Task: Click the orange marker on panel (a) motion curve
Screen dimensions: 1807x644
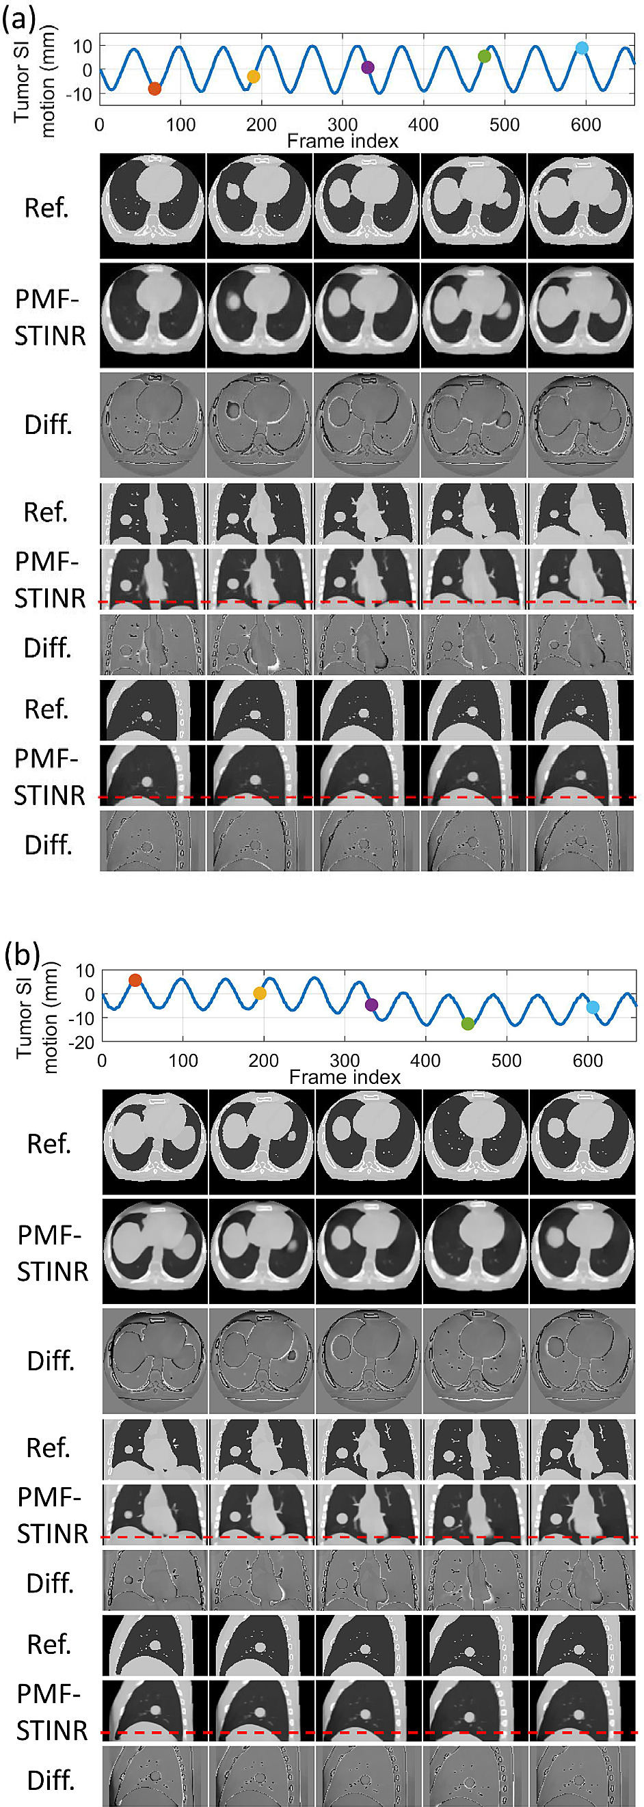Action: (155, 88)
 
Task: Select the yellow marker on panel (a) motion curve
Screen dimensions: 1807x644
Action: (253, 77)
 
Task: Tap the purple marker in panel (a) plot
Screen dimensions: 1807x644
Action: (368, 68)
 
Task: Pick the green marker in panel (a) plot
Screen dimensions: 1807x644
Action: (484, 56)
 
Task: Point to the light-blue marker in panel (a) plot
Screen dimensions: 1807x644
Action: (582, 48)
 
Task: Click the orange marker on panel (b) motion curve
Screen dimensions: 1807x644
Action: (135, 980)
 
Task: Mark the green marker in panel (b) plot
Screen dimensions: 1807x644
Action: (468, 1024)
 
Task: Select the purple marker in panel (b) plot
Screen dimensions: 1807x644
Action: (372, 1005)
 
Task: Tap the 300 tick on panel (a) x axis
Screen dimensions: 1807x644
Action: (343, 126)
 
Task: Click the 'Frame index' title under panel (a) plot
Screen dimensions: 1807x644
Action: (343, 141)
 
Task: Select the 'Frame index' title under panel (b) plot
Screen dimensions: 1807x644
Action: (345, 1077)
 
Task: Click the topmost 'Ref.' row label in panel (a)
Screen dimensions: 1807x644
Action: (47, 208)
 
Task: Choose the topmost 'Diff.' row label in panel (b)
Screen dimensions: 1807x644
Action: (50, 1360)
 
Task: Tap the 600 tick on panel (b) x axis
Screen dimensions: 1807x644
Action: (588, 1061)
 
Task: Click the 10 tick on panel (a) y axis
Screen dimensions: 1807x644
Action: (83, 46)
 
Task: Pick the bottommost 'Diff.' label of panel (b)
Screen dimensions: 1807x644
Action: (50, 1780)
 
